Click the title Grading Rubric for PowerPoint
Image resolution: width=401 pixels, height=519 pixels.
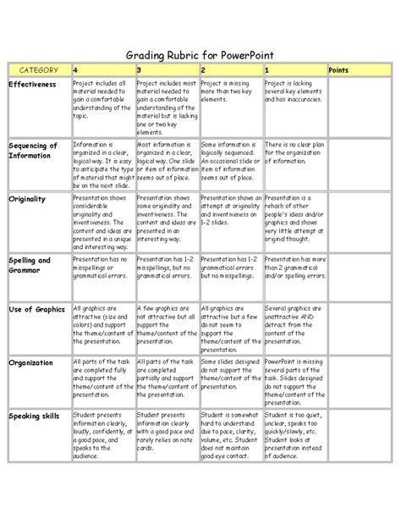pyautogui.click(x=200, y=52)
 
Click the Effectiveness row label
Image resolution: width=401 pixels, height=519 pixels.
pyautogui.click(x=33, y=86)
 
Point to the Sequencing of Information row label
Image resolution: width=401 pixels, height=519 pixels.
pyautogui.click(x=34, y=150)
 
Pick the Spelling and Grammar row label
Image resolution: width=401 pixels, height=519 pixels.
pyautogui.click(x=30, y=264)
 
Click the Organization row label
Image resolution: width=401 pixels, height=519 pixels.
pyautogui.click(x=31, y=362)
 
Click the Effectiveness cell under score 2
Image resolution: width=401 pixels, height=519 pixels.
pyautogui.click(x=229, y=92)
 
